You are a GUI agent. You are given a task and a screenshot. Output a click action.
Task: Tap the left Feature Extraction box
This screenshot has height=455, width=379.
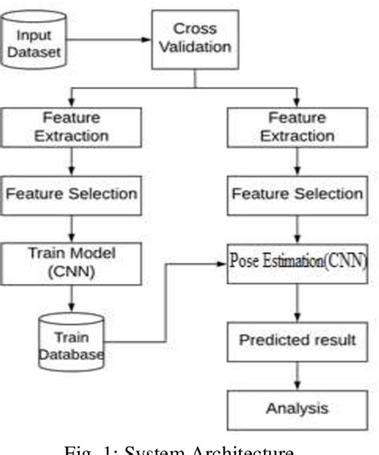click(x=73, y=126)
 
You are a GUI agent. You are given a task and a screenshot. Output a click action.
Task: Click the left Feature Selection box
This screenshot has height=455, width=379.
click(x=73, y=194)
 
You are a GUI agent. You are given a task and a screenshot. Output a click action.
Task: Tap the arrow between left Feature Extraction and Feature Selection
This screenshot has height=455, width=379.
click(x=73, y=160)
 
